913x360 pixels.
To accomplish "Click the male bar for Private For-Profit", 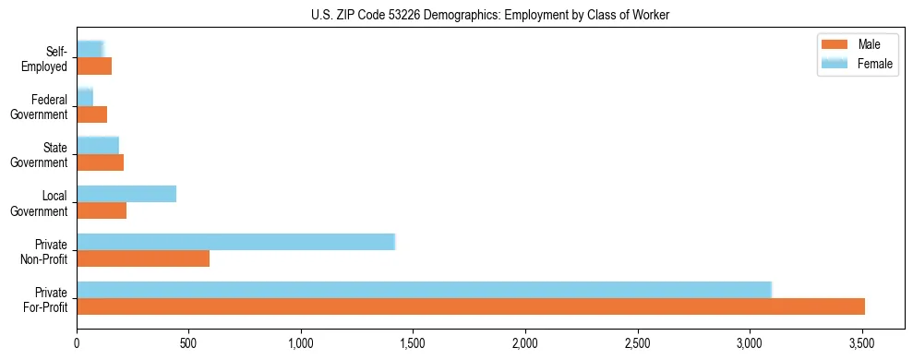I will (x=471, y=306).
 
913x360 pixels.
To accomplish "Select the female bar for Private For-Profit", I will (x=424, y=289).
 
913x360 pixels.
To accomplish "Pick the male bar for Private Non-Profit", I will (x=143, y=258).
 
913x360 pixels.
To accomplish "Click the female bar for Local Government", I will (x=126, y=194).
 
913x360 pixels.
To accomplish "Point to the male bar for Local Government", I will (x=102, y=210).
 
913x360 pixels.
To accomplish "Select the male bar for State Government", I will (x=100, y=162).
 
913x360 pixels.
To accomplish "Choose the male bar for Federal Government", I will (x=91, y=114).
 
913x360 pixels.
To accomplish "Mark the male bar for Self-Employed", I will (x=94, y=66).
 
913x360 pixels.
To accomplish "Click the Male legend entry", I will (x=856, y=45).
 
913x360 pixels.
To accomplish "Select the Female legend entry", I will (x=856, y=64).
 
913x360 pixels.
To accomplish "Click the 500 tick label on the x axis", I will (x=188, y=343).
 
